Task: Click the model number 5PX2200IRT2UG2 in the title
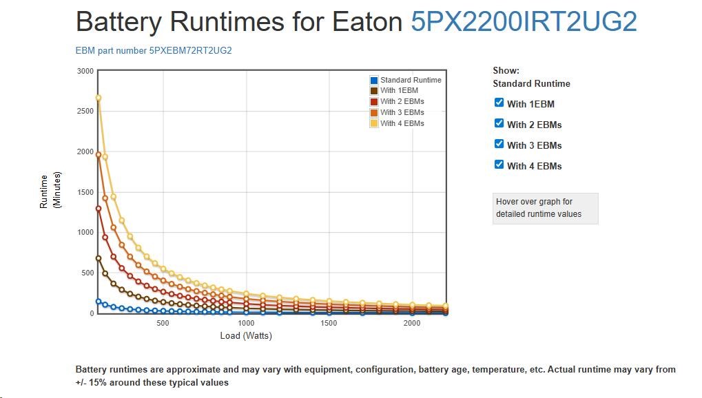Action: [x=524, y=23]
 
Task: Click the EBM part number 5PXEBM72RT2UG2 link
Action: [x=158, y=51]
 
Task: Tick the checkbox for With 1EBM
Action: [x=499, y=103]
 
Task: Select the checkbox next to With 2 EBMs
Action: [x=499, y=124]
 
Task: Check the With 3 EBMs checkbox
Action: [x=499, y=145]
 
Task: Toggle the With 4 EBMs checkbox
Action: [x=499, y=165]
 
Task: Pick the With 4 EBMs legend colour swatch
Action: [x=374, y=123]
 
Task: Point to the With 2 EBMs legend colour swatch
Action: [x=374, y=102]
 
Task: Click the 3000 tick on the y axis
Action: [x=85, y=71]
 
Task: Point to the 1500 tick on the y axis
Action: [x=85, y=192]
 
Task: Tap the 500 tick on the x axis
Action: [x=163, y=324]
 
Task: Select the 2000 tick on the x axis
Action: [x=411, y=324]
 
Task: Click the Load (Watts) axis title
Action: [x=247, y=336]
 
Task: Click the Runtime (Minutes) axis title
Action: [x=50, y=191]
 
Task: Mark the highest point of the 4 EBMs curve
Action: [x=99, y=98]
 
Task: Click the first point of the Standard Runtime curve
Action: [x=99, y=301]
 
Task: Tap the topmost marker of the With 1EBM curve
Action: [x=99, y=258]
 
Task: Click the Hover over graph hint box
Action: [x=545, y=208]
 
